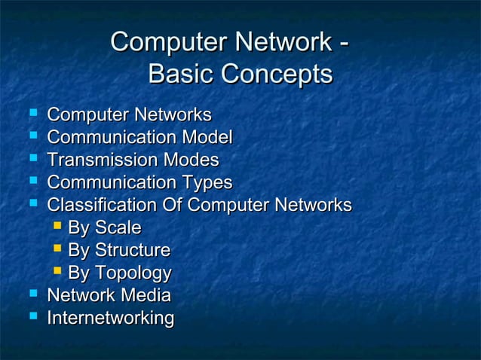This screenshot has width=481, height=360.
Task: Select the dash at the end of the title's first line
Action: point(344,41)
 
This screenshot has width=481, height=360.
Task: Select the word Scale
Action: point(116,227)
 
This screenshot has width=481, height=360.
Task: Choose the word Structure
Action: point(131,250)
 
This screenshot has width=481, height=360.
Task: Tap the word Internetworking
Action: point(110,319)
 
